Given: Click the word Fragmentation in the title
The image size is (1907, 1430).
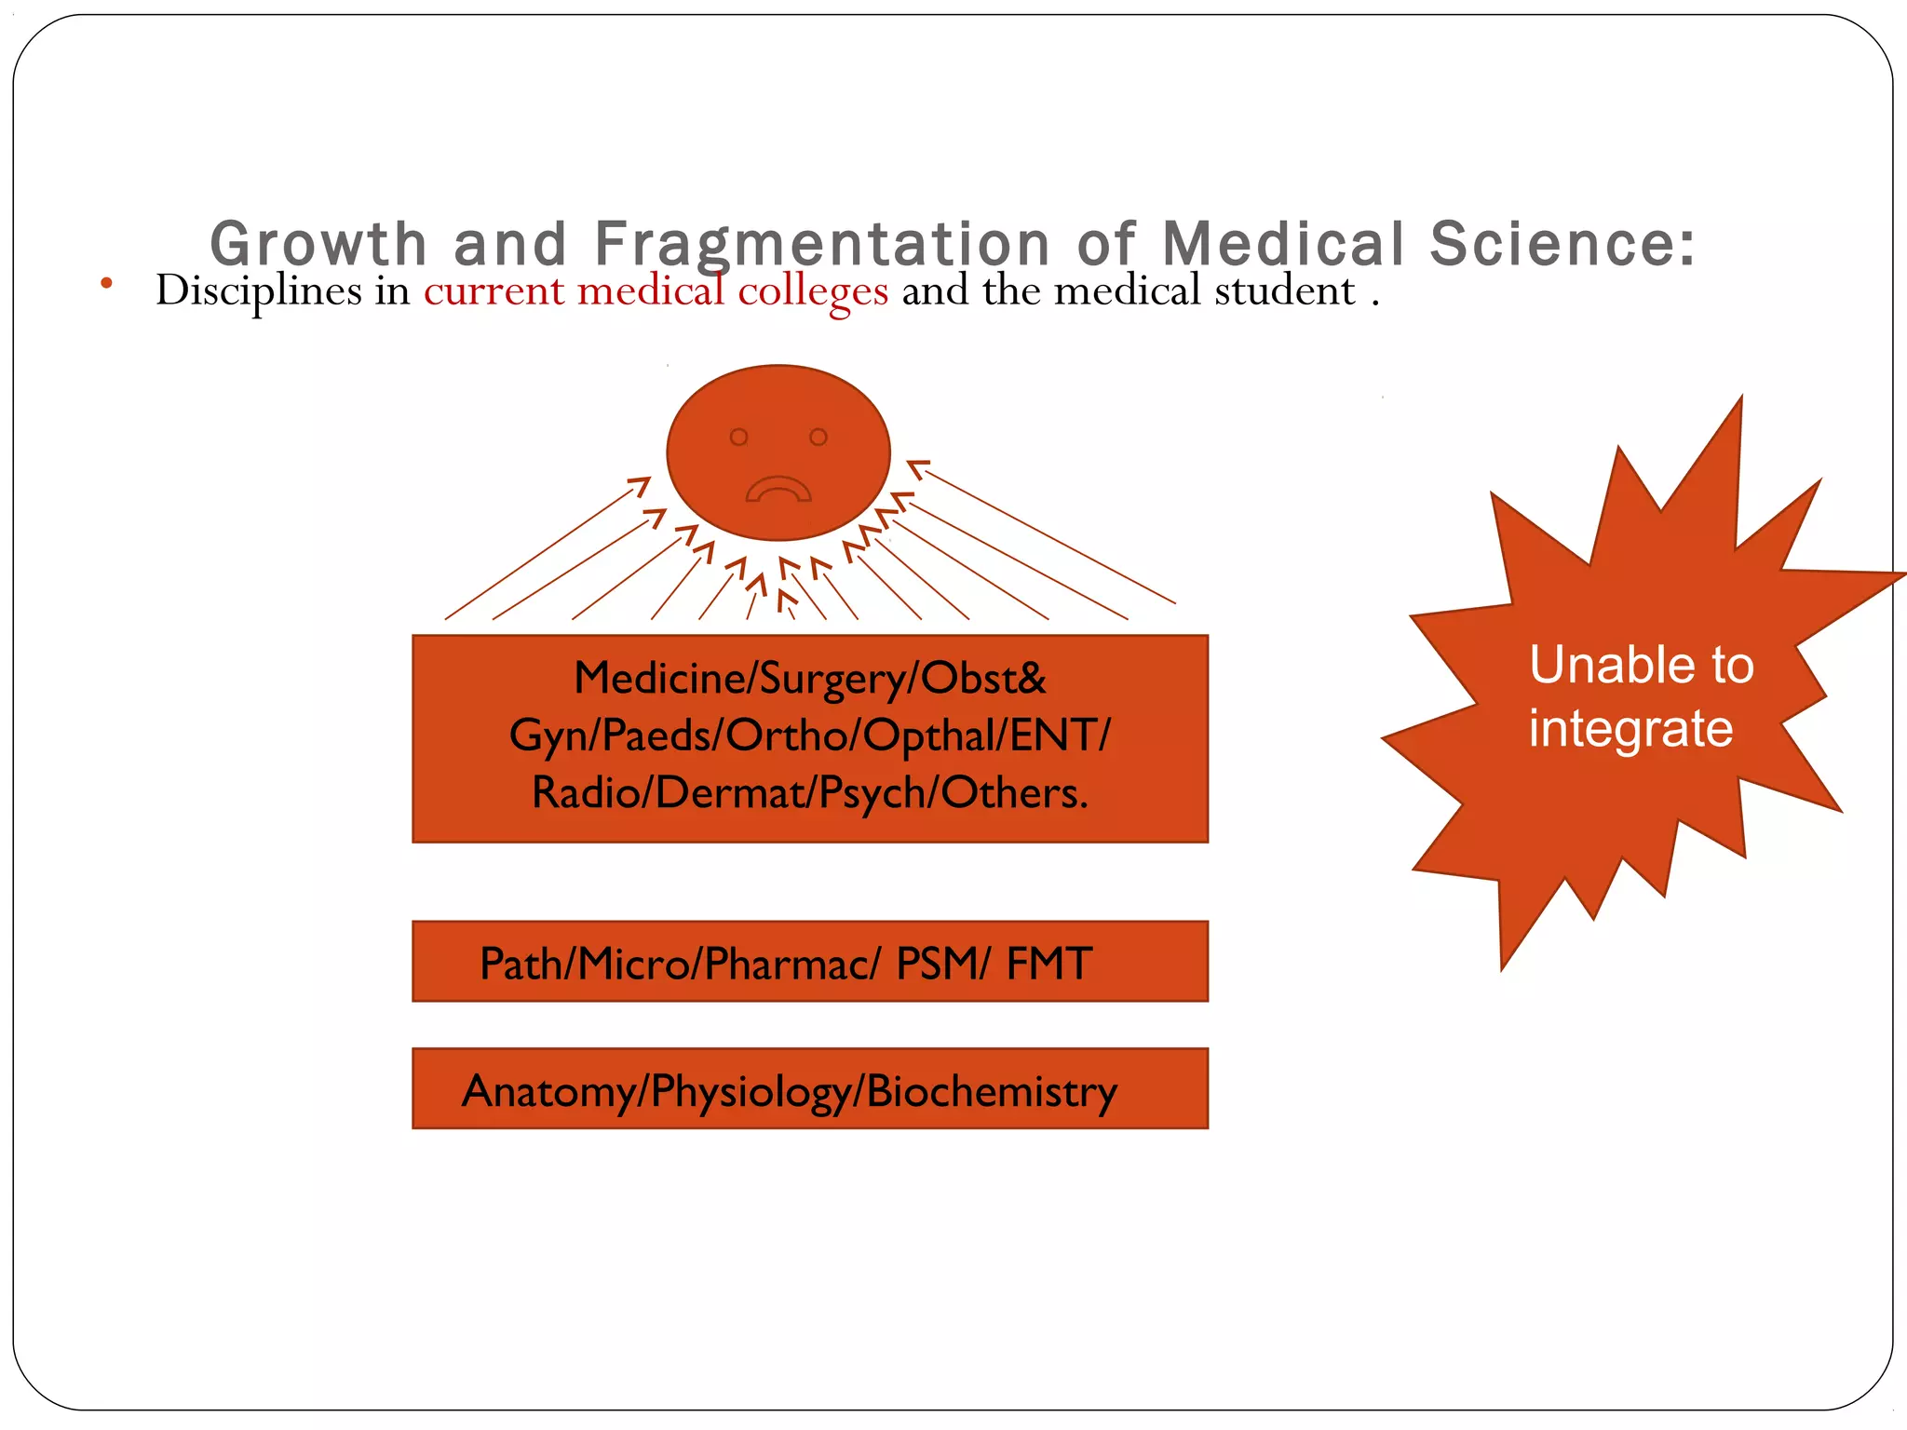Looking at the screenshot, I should tap(822, 244).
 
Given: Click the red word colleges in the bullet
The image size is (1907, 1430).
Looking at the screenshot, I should tap(813, 291).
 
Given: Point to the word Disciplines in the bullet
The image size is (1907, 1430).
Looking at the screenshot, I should tap(259, 291).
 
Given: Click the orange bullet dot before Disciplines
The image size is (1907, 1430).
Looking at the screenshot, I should tap(107, 283).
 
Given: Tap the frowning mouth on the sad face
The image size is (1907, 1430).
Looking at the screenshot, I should tap(778, 490).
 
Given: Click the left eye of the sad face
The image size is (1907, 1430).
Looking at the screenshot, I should tap(738, 437).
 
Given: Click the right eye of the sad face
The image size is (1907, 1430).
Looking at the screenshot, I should tap(818, 437).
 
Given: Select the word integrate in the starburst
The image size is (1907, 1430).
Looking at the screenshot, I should tap(1630, 728).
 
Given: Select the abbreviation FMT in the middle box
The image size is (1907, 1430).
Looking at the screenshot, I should tap(1048, 964).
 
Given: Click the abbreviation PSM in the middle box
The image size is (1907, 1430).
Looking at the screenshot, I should tap(934, 964).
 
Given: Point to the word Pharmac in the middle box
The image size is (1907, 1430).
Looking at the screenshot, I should tap(787, 964).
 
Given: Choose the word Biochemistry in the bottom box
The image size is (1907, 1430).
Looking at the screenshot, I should tap(991, 1091).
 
